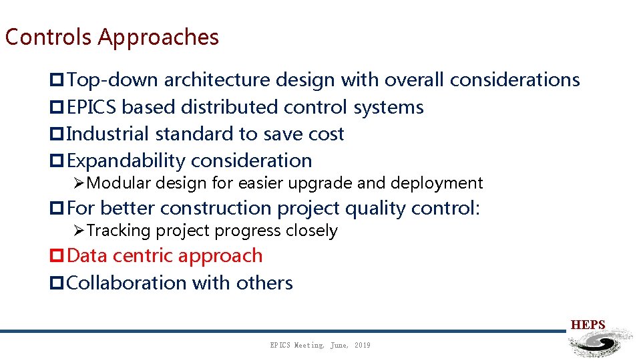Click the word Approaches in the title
(x=158, y=38)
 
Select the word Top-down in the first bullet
(x=113, y=80)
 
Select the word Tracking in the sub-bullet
(x=119, y=231)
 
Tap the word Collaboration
(x=127, y=283)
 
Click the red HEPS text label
(x=588, y=325)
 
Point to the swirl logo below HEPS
(x=598, y=344)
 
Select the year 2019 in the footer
(x=362, y=345)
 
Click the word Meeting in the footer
(x=309, y=345)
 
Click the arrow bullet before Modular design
(x=79, y=183)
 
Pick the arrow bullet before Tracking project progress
(x=79, y=231)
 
